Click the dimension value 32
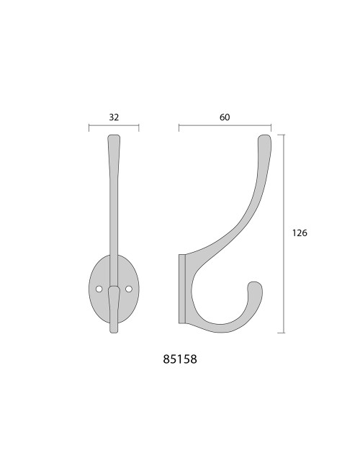[x=114, y=117]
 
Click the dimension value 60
[x=225, y=117]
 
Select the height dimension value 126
[x=300, y=233]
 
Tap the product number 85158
[x=180, y=359]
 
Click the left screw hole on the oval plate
[x=99, y=289]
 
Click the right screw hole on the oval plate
[x=129, y=289]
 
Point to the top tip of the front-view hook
[x=114, y=135]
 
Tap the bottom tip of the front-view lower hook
[x=114, y=332]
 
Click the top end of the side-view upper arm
[x=264, y=135]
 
